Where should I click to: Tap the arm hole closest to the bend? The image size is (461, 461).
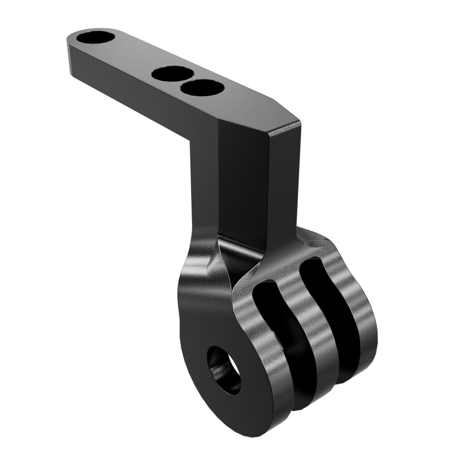click(x=202, y=88)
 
